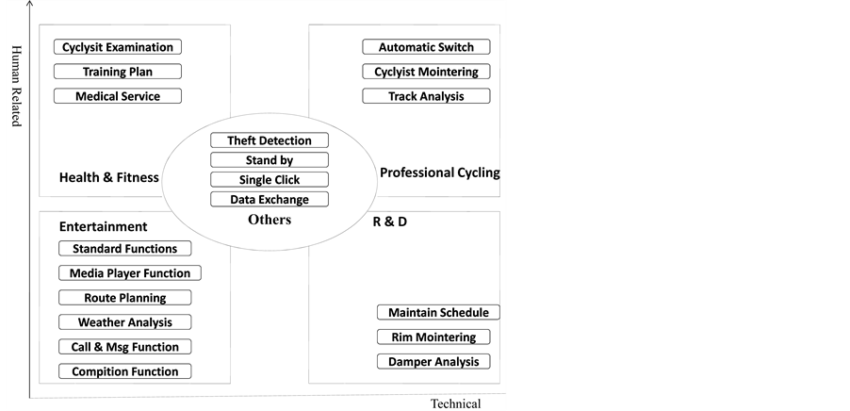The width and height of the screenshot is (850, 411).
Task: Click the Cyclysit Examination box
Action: point(118,47)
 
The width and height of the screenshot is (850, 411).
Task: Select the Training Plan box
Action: point(118,72)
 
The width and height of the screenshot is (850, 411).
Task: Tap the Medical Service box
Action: point(118,96)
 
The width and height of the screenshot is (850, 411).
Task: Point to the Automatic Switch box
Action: point(426,47)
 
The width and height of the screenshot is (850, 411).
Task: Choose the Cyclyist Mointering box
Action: point(426,72)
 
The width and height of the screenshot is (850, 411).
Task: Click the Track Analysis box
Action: point(426,96)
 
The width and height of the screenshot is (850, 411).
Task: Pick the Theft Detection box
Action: point(270,140)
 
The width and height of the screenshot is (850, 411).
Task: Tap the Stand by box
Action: point(270,160)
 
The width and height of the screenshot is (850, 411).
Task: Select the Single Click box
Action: point(270,179)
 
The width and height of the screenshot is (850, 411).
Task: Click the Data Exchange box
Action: point(270,199)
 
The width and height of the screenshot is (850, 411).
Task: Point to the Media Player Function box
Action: point(130,273)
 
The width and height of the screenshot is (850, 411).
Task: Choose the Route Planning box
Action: point(124,298)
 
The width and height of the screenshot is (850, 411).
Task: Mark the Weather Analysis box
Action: point(124,322)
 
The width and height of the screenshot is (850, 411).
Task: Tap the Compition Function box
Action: point(124,371)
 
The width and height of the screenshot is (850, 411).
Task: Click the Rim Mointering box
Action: point(439,337)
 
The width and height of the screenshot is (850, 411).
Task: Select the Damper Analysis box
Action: point(439,362)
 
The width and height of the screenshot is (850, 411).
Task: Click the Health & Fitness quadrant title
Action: point(109,177)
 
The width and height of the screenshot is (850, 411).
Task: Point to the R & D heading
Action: point(383,223)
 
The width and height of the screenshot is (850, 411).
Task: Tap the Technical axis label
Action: point(455,404)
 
